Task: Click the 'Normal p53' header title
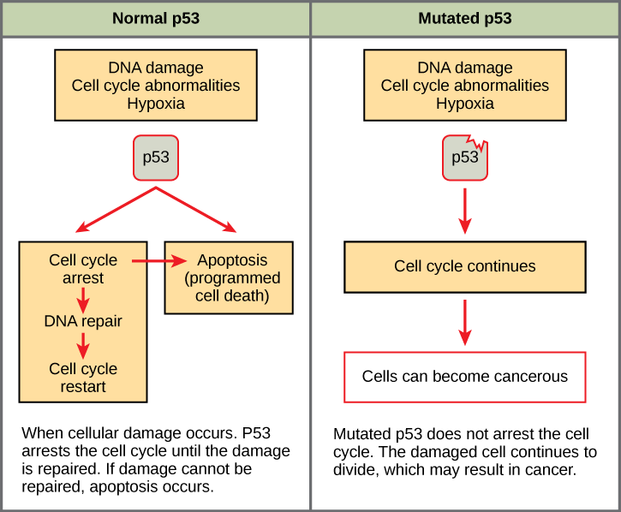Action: click(156, 18)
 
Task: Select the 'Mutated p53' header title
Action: click(465, 18)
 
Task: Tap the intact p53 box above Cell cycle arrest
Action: click(156, 158)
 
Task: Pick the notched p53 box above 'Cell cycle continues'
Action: click(464, 158)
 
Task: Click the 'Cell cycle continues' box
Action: click(464, 266)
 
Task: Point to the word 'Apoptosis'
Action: click(232, 260)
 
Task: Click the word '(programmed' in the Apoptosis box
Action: click(232, 278)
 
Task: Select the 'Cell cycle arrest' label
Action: click(83, 269)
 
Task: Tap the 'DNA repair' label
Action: click(83, 322)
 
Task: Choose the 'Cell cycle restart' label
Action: click(83, 378)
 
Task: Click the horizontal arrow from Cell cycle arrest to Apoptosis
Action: click(151, 260)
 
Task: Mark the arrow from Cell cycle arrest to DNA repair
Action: click(83, 299)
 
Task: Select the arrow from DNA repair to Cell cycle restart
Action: click(83, 346)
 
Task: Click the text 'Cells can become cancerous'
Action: click(464, 377)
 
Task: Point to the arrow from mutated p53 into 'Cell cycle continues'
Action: click(464, 211)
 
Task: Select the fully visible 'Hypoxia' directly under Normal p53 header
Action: click(156, 104)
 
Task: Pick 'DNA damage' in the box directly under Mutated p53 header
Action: click(464, 68)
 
